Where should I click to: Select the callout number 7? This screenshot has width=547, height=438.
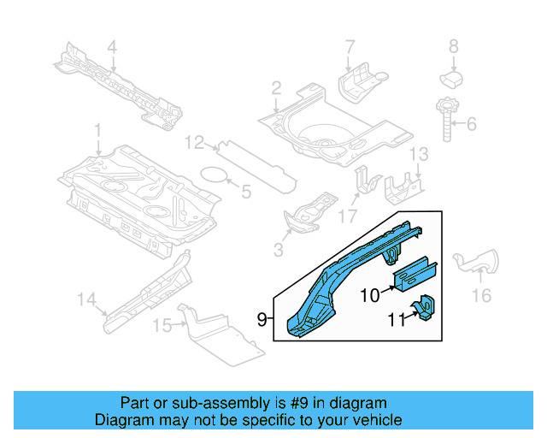coord(350,46)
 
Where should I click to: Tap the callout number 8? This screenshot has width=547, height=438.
coord(454,46)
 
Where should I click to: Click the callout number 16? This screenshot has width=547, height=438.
coord(482,295)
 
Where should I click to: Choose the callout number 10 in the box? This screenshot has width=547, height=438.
coord(369,295)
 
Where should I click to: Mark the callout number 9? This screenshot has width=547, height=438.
coord(263,320)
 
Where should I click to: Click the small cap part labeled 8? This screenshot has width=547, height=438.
coord(452,79)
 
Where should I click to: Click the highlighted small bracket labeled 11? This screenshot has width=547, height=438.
coord(424,309)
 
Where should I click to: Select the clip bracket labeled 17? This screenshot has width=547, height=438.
coord(367,181)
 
